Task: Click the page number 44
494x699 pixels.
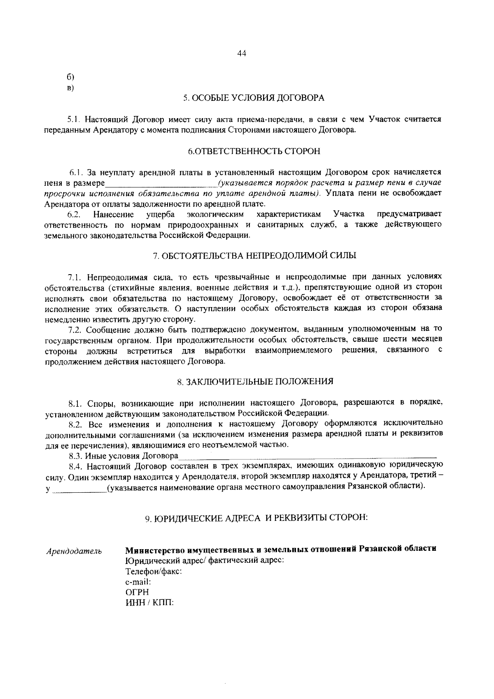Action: (242, 54)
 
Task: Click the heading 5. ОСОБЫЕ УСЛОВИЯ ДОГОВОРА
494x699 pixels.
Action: (254, 98)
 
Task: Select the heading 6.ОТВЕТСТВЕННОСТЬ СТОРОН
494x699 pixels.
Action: (254, 151)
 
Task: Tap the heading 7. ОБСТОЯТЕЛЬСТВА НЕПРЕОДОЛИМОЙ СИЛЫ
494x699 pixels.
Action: (254, 256)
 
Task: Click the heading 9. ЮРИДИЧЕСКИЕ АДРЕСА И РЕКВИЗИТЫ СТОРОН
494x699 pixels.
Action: (256, 518)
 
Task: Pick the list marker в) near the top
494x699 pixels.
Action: (70, 88)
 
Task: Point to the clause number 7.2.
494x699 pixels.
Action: (76, 330)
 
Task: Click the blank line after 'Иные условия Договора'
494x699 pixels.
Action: (307, 456)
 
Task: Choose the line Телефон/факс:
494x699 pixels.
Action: (154, 572)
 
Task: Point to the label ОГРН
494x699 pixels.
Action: (137, 592)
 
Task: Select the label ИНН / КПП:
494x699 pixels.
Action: (149, 603)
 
